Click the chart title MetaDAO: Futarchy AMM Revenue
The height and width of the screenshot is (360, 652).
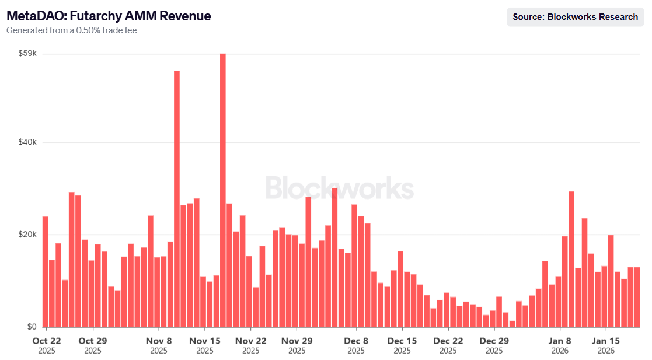click(x=109, y=16)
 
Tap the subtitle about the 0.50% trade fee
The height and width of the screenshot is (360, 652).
click(x=72, y=30)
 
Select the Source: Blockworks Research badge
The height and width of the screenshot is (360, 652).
click(x=575, y=17)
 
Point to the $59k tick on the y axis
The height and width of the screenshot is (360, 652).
click(x=27, y=54)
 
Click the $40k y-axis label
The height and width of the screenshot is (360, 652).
click(x=27, y=142)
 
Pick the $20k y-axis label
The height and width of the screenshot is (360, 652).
click(x=27, y=235)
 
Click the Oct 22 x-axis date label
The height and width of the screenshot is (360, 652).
click(x=47, y=341)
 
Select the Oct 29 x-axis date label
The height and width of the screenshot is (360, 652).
click(x=93, y=341)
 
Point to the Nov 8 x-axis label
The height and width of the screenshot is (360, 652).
click(x=159, y=341)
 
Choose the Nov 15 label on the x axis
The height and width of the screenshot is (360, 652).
click(x=205, y=341)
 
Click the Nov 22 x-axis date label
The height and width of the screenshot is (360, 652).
click(x=251, y=341)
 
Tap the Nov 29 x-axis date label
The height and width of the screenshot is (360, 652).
click(x=297, y=341)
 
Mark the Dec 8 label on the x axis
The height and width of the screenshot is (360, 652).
click(x=356, y=341)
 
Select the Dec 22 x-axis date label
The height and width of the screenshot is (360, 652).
click(x=448, y=341)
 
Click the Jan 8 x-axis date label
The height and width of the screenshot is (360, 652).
click(x=560, y=341)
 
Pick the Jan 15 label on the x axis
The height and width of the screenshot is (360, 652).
click(x=606, y=341)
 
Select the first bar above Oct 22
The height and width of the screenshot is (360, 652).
click(x=45, y=271)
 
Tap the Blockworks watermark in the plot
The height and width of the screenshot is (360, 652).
click(x=340, y=188)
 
